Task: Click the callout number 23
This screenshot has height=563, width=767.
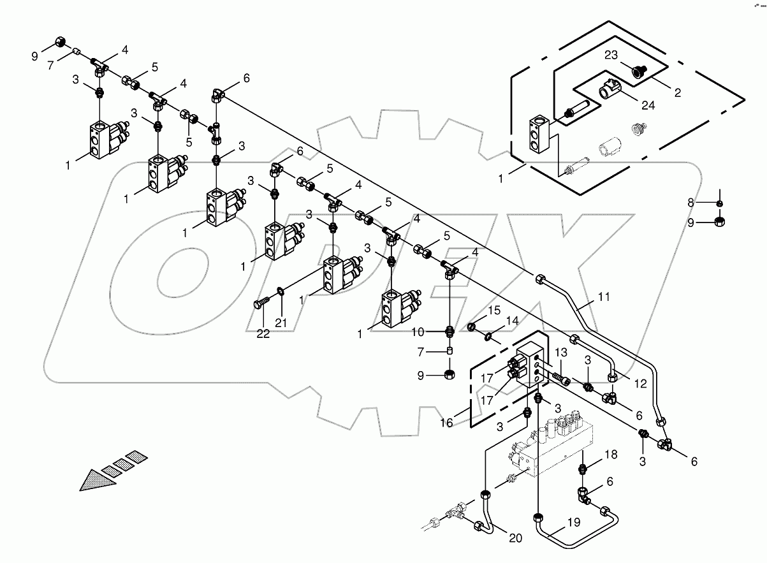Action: coord(611,55)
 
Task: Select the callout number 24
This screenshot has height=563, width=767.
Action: coord(648,105)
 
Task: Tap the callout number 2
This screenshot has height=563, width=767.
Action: coord(678,92)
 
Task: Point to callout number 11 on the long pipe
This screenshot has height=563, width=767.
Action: coord(604,296)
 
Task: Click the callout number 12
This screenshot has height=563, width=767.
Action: coord(640,384)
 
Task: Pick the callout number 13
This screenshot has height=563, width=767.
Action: coord(561,352)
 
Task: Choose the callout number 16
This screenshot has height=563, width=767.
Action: coord(446,423)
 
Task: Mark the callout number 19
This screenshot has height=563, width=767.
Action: coord(574,522)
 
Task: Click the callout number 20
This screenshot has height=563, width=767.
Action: coord(516,538)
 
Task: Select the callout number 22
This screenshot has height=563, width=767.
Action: coord(263,333)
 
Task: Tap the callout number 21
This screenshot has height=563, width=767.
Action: coord(281,323)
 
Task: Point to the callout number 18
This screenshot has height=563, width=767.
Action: coord(611,455)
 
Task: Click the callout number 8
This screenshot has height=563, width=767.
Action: coord(691,203)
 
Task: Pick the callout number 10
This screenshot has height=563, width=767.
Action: coord(418,332)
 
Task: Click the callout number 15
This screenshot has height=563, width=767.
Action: coord(494,311)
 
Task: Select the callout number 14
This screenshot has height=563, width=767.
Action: coord(513,321)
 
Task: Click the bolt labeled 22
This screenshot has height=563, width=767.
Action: coord(261,303)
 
